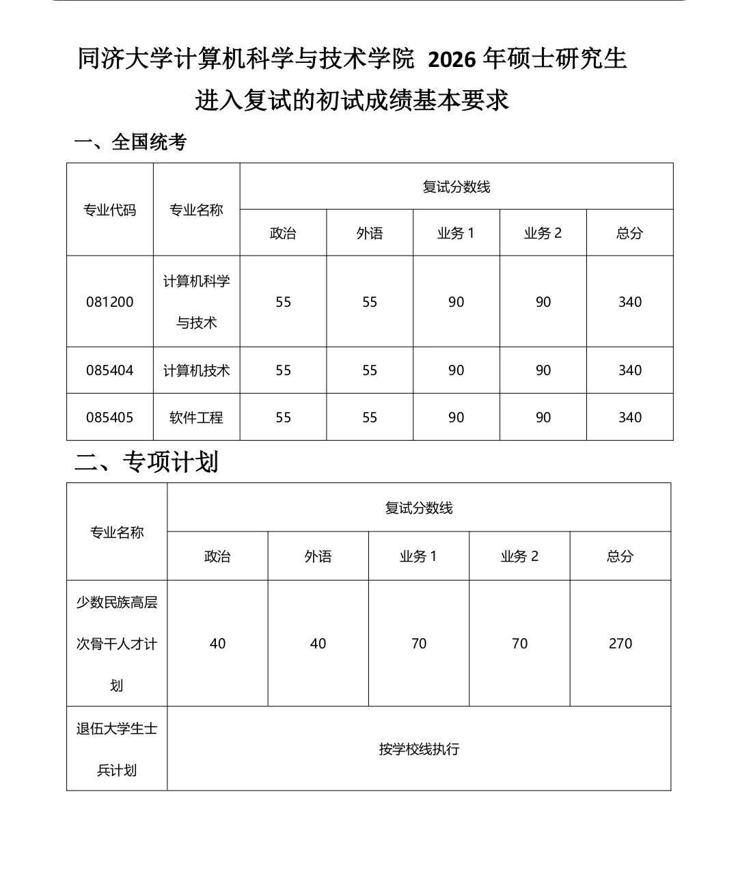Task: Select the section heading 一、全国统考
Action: (x=130, y=142)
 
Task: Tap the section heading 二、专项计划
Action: (x=146, y=462)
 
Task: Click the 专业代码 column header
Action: (x=109, y=210)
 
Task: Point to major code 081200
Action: (x=109, y=302)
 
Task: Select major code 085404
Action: (x=109, y=370)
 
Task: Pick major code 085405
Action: (x=109, y=417)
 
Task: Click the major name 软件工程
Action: (x=196, y=417)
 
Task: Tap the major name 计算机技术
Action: (x=196, y=370)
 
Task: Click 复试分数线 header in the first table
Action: (x=456, y=187)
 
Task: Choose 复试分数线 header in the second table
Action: (x=418, y=508)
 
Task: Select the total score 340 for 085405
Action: (x=629, y=417)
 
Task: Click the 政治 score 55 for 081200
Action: (x=283, y=302)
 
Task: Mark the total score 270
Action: (x=620, y=644)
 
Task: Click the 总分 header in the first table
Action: (x=629, y=233)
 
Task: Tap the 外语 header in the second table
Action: (x=318, y=556)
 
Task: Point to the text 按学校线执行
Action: (x=418, y=749)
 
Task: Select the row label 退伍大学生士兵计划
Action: (x=117, y=749)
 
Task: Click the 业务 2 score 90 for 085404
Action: (x=543, y=370)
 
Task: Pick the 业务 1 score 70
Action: (x=418, y=644)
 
